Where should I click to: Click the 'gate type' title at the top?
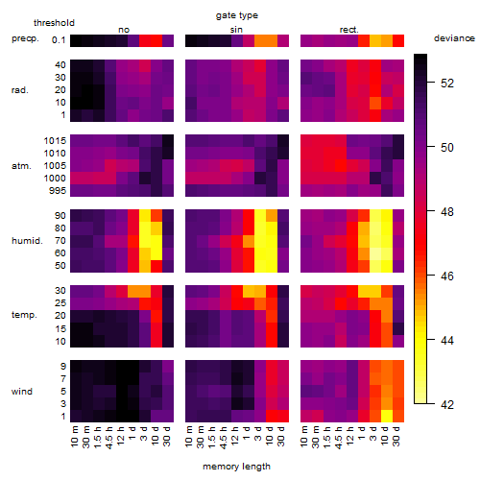[237, 15]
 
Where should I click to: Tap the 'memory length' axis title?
[236, 467]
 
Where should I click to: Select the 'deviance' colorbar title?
[454, 38]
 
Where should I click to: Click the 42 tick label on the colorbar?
[447, 405]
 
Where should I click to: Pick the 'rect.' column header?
[348, 30]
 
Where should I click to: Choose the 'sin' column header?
[236, 30]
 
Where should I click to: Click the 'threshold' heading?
[54, 23]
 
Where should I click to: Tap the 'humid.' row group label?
[27, 241]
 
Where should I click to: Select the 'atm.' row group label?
[21, 166]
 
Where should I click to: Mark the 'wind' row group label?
[22, 392]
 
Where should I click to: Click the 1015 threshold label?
[55, 141]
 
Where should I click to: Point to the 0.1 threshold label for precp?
[59, 40]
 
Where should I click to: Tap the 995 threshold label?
[58, 191]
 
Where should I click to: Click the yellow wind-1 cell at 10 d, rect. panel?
[387, 416]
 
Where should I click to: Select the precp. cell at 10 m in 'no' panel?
[76, 40]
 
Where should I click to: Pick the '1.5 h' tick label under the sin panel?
[212, 437]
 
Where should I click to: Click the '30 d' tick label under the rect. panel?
[396, 437]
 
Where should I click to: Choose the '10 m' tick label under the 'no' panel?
[74, 437]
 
